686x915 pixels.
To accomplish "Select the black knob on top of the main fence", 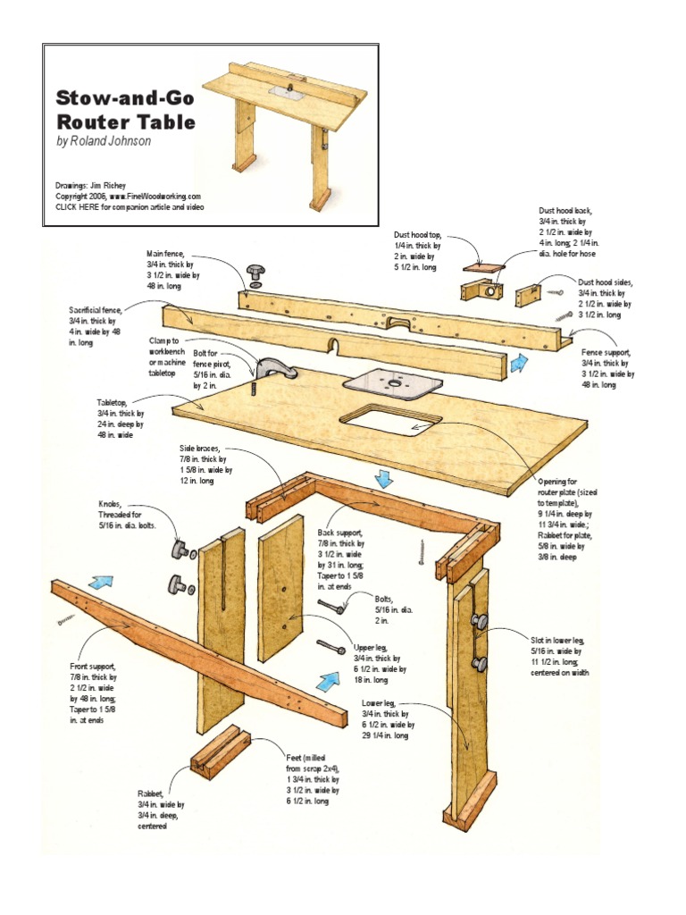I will tap(257, 271).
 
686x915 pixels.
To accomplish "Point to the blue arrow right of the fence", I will tap(518, 363).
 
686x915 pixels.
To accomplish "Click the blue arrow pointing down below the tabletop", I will tap(383, 479).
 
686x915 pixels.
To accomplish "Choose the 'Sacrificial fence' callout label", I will tap(93, 325).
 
